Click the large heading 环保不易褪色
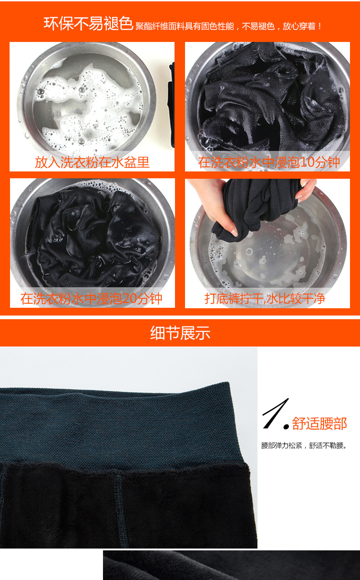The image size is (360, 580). pyautogui.click(x=88, y=24)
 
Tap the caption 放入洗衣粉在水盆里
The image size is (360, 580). pyautogui.click(x=92, y=162)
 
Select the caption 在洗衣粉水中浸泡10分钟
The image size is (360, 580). pyautogui.click(x=269, y=162)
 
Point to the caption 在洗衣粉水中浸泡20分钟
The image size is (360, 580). pyautogui.click(x=91, y=299)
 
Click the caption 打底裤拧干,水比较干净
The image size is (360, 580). pyautogui.click(x=265, y=299)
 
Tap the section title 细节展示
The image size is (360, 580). pyautogui.click(x=180, y=333)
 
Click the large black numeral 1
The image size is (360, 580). pyautogui.click(x=275, y=414)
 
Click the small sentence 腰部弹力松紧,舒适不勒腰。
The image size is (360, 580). pyautogui.click(x=303, y=445)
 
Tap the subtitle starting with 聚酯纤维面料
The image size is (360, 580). pyautogui.click(x=228, y=26)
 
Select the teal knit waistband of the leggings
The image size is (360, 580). pyautogui.click(x=122, y=425)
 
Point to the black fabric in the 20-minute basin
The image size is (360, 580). pyautogui.click(x=93, y=238)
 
